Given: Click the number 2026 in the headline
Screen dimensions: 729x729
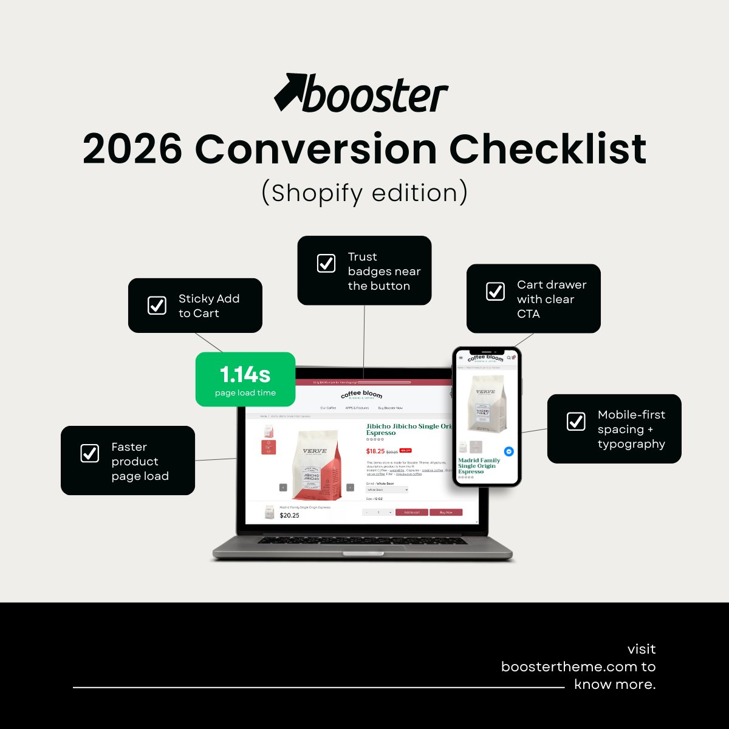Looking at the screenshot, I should point(132,149).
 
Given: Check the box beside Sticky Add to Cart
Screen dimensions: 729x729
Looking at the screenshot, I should point(157,306).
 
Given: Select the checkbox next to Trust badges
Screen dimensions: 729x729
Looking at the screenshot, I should point(326,264).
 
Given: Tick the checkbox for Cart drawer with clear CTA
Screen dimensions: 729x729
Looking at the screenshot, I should point(495,292).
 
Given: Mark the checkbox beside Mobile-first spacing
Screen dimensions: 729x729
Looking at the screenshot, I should point(576,422).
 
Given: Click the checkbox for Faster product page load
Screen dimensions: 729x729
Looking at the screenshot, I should point(90,453).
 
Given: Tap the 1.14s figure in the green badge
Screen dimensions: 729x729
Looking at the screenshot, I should point(245,374).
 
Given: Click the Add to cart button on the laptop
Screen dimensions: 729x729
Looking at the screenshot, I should point(411,512).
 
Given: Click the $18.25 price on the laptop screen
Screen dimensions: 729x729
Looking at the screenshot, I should point(375,451).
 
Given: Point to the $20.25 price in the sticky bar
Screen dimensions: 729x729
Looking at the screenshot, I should point(289,515).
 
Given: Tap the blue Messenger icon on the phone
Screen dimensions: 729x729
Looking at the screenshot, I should point(509,451).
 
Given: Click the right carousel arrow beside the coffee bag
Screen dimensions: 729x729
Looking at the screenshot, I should point(350,487).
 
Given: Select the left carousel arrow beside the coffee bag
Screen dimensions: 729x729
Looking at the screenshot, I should point(283,487).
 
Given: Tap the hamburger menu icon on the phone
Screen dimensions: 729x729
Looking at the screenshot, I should point(460,358).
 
